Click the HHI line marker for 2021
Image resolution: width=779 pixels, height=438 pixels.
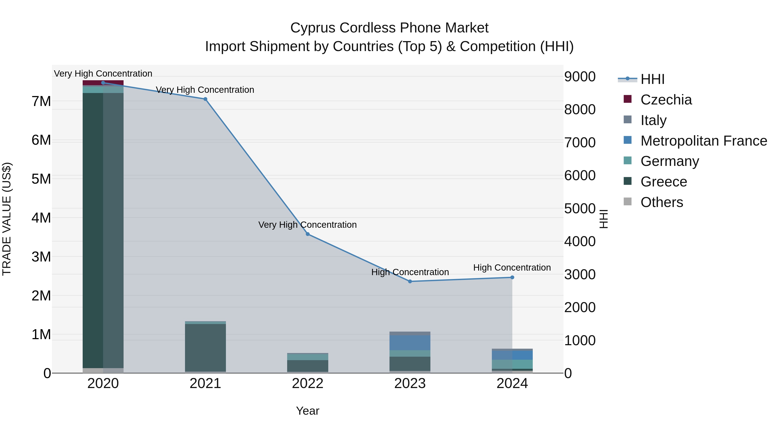point(205,99)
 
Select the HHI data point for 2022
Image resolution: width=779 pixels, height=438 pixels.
point(307,234)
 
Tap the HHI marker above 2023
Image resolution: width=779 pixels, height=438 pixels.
point(410,281)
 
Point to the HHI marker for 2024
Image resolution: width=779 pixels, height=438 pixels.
point(512,277)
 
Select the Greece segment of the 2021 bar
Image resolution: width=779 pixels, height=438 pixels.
point(205,348)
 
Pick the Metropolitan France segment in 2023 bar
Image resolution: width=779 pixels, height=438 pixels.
point(410,342)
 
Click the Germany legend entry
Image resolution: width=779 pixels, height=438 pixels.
point(670,161)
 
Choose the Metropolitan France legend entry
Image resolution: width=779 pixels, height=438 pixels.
point(703,141)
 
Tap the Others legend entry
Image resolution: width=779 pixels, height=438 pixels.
point(662,202)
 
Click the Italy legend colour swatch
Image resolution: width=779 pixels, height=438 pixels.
point(628,119)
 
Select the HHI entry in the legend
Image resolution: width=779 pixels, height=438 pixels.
point(652,79)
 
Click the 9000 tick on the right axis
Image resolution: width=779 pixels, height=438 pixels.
point(580,77)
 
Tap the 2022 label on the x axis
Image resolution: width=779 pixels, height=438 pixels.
point(307,383)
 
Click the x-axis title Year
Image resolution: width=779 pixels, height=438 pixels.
point(307,411)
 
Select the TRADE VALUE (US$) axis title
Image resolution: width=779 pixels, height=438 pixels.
point(7,219)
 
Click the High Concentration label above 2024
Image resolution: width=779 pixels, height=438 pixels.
point(512,268)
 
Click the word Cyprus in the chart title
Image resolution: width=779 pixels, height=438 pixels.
point(313,28)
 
